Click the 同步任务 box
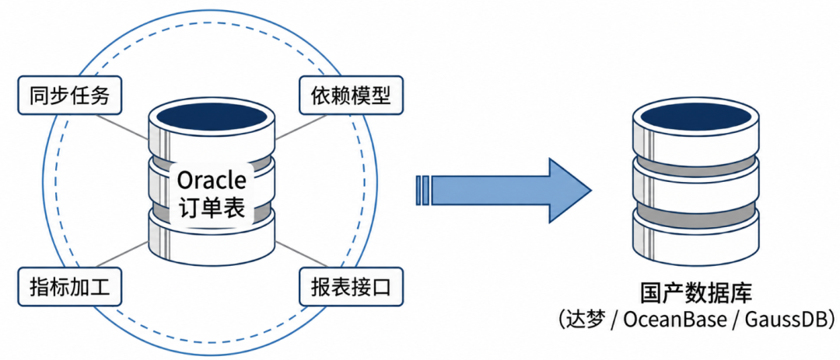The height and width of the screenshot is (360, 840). (x=70, y=95)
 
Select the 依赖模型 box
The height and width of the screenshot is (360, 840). (x=351, y=95)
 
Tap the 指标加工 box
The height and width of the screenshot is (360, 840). (x=70, y=288)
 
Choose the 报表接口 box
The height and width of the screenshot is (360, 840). (x=351, y=288)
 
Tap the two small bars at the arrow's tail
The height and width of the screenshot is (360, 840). (x=422, y=190)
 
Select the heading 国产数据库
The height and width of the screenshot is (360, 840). (x=696, y=294)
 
